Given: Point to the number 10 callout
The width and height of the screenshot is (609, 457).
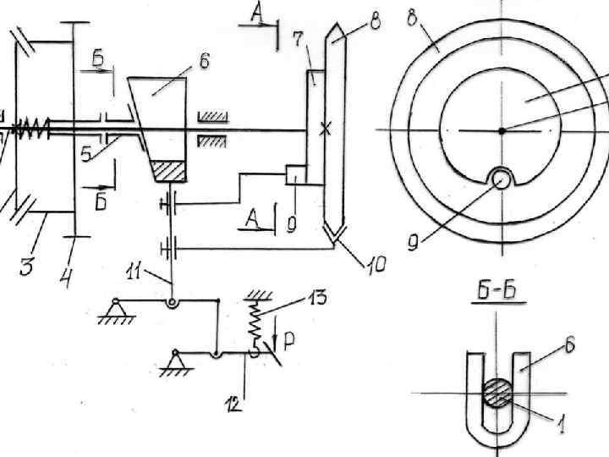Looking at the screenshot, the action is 376,266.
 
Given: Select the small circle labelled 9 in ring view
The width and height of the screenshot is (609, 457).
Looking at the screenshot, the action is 502,178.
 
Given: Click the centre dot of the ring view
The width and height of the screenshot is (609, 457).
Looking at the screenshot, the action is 502,130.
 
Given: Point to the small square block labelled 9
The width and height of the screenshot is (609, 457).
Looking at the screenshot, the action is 295,175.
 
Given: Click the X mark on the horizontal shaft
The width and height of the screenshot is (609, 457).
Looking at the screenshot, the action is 324,129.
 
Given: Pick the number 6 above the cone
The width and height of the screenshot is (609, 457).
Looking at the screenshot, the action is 203,61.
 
